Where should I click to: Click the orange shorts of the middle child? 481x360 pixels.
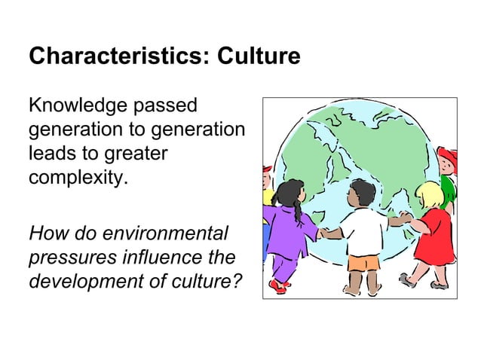(x=363, y=263)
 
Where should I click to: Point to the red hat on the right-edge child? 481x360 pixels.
(x=448, y=157)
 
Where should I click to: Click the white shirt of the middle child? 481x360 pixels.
(x=363, y=230)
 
